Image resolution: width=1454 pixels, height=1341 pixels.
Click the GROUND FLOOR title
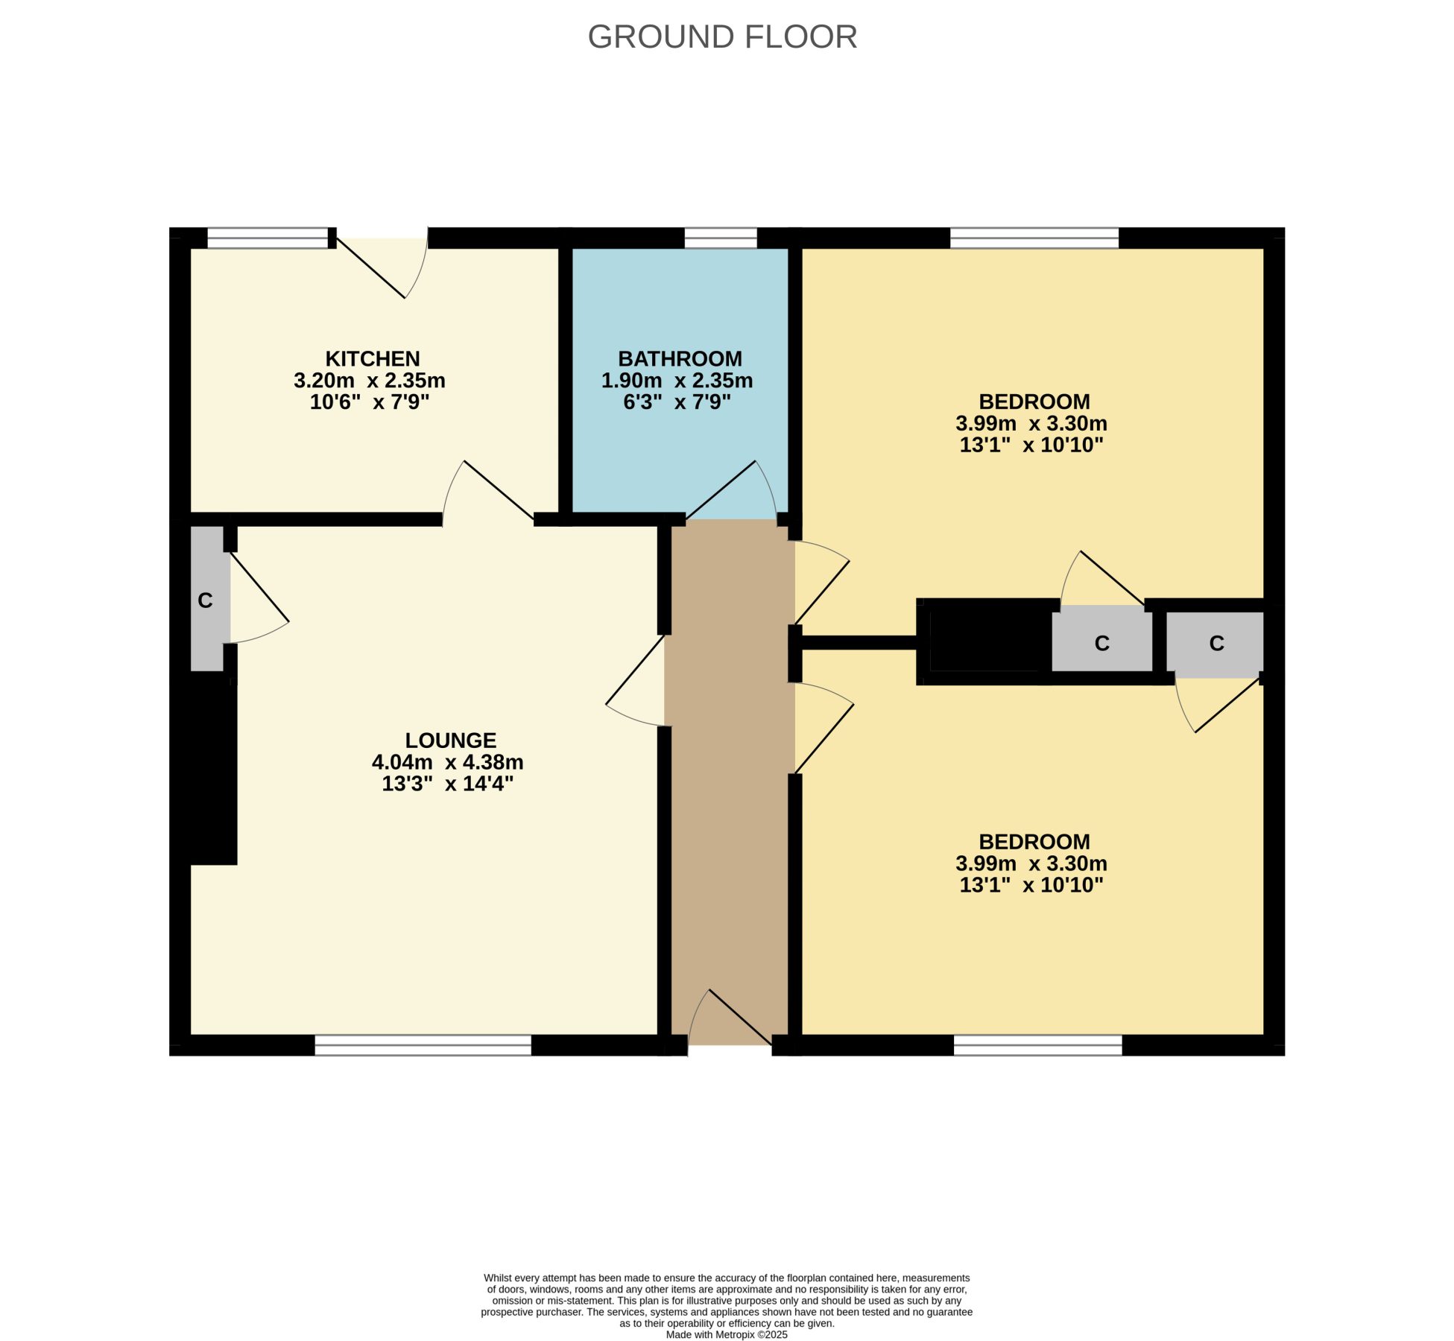[x=722, y=37]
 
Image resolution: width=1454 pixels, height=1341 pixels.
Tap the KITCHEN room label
[x=373, y=358]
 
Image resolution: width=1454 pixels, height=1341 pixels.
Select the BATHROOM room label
[x=680, y=358]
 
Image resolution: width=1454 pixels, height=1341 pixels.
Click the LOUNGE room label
[x=450, y=740]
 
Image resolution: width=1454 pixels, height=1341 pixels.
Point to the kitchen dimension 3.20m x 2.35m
[x=370, y=381]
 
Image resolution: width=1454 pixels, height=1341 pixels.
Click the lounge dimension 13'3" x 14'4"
[x=448, y=784]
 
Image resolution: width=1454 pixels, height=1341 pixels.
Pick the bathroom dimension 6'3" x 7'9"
[x=677, y=402]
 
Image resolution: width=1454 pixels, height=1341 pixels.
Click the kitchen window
[x=268, y=238]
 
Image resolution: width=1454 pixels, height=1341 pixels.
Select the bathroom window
[x=721, y=238]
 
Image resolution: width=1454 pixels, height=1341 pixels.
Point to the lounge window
[x=423, y=1045]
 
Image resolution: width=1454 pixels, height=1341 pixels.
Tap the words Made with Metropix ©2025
[x=727, y=1334]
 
